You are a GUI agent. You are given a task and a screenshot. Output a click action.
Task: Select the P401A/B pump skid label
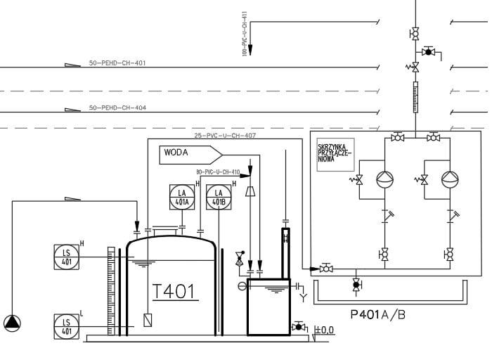[x=377, y=314]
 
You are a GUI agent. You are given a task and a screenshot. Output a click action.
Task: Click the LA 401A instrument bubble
[x=183, y=198]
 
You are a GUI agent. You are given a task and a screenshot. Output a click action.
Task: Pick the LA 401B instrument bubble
[x=219, y=198]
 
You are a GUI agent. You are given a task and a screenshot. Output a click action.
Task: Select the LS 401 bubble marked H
[x=67, y=256]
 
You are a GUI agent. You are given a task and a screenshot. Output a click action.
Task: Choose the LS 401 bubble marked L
[x=67, y=326]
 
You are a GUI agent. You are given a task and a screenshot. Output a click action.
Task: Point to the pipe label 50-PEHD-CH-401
[x=117, y=63]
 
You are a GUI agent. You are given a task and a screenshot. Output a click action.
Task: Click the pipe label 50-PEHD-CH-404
[x=117, y=108]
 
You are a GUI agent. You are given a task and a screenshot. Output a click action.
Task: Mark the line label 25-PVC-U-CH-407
[x=225, y=136]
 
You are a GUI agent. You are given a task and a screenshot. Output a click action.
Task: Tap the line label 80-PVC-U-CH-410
[x=218, y=172]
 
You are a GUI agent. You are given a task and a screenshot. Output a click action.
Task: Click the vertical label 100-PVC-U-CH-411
[x=244, y=33]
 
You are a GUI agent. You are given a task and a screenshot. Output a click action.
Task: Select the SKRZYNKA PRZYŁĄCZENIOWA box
[x=335, y=154]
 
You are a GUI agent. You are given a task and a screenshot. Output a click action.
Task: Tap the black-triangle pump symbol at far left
[x=12, y=323]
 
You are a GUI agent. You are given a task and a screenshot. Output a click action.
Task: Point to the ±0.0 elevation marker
[x=324, y=329]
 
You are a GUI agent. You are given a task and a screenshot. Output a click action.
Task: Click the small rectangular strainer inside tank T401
[x=148, y=319]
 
